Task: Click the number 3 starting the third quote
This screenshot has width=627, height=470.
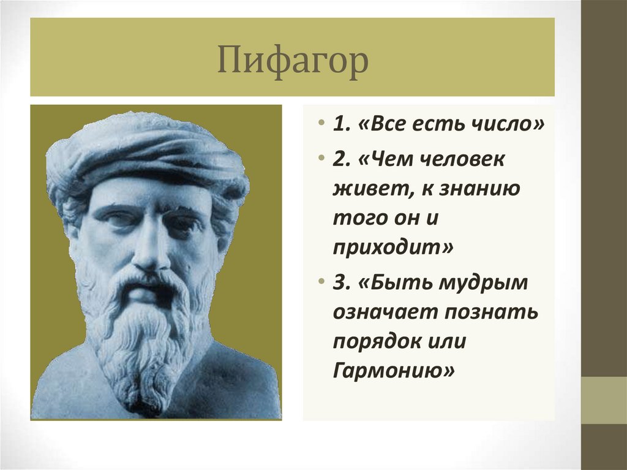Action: pyautogui.click(x=339, y=283)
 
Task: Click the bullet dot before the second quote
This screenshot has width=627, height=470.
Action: pyautogui.click(x=322, y=161)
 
